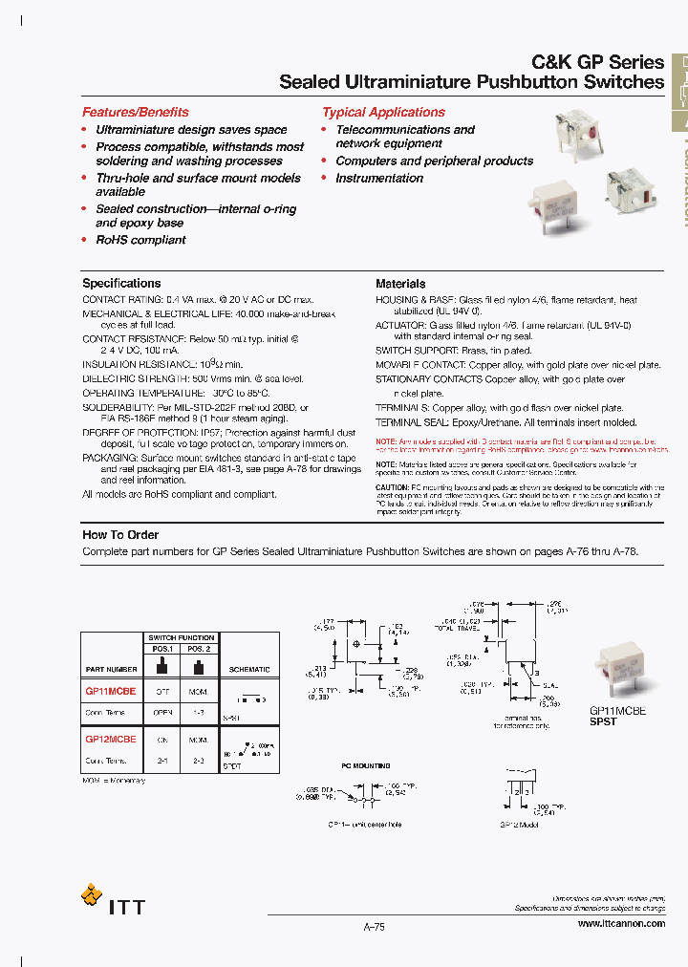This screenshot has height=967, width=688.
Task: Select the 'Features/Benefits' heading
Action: pos(135,112)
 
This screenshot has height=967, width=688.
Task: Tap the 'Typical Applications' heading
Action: pos(383,112)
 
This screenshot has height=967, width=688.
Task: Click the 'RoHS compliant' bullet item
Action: pos(140,240)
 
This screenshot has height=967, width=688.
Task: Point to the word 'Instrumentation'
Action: pos(378,178)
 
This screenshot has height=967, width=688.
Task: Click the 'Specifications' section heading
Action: pos(121,283)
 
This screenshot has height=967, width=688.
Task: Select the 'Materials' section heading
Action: pos(400,284)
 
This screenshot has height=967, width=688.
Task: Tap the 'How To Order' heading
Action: pos(120,535)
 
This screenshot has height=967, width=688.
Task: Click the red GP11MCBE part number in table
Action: pos(111,691)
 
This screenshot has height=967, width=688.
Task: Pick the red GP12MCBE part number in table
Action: pos(111,740)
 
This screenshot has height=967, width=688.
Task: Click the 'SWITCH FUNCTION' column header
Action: pos(182,637)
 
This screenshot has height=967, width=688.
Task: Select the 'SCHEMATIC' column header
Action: pos(250,670)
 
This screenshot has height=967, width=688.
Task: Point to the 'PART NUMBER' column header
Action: pos(111,670)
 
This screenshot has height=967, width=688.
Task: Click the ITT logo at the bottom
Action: pos(114,900)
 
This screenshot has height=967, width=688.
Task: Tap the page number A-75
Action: pos(374,926)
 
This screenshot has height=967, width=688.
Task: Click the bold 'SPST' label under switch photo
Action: pos(603,721)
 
